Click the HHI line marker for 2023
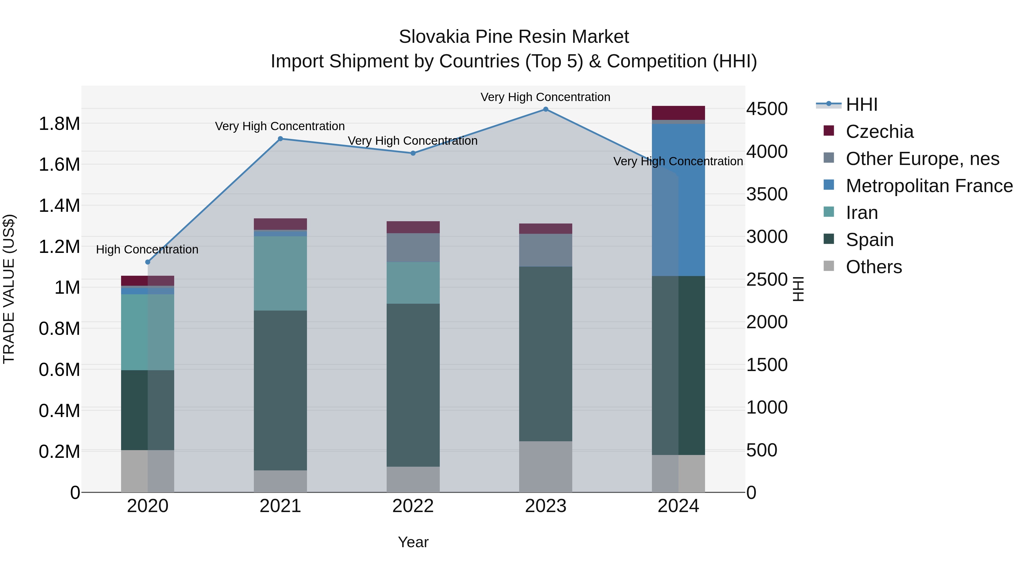pyautogui.click(x=545, y=109)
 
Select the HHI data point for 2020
pyautogui.click(x=148, y=262)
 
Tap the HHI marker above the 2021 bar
pyautogui.click(x=280, y=139)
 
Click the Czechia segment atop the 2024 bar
pyautogui.click(x=678, y=113)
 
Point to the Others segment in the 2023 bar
pyautogui.click(x=545, y=467)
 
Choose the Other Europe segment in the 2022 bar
pyautogui.click(x=413, y=247)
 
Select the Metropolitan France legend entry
pyautogui.click(x=929, y=186)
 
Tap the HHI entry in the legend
pyautogui.click(x=861, y=104)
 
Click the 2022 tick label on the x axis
pyautogui.click(x=413, y=506)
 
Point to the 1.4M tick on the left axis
pyautogui.click(x=59, y=206)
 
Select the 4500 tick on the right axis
pyautogui.click(x=767, y=109)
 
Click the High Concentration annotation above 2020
pyautogui.click(x=147, y=250)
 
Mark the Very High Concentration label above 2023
pyautogui.click(x=545, y=97)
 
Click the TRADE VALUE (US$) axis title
pyautogui.click(x=9, y=289)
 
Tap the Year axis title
pyautogui.click(x=413, y=542)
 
